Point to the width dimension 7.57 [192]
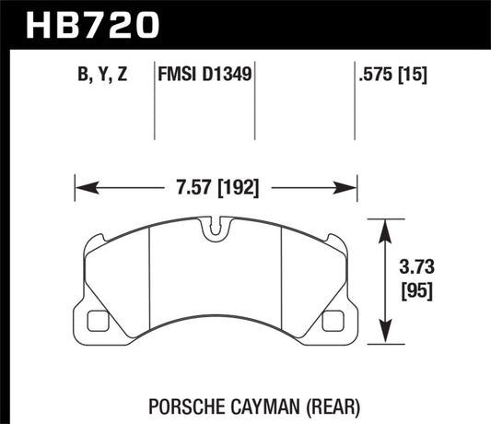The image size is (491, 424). pos(216,188)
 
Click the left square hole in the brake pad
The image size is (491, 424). pos(96,324)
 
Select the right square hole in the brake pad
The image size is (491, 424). pos(335,324)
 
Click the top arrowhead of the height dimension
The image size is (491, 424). pos(385,225)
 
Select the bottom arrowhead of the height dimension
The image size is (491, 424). pos(385,343)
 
